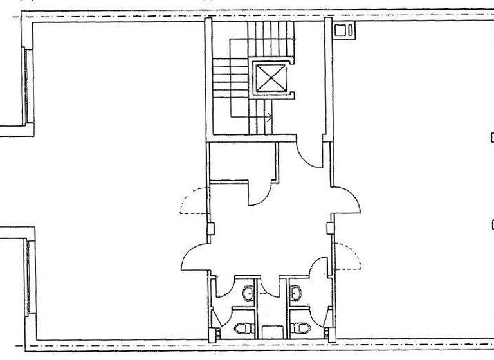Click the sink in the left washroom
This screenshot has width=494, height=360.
[x=248, y=293]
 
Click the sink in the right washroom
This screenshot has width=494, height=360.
[x=297, y=293]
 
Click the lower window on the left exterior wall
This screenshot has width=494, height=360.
[x=28, y=276]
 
